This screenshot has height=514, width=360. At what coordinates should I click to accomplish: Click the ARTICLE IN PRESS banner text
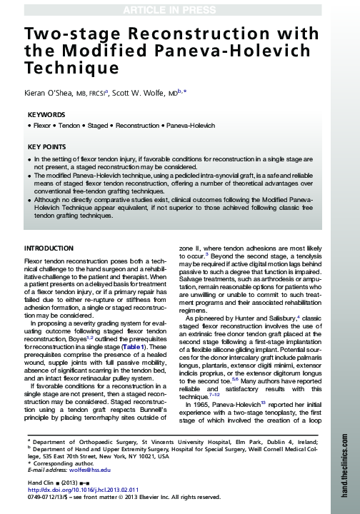[x=179, y=8]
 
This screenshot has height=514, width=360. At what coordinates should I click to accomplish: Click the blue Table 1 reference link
[x=154, y=346]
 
